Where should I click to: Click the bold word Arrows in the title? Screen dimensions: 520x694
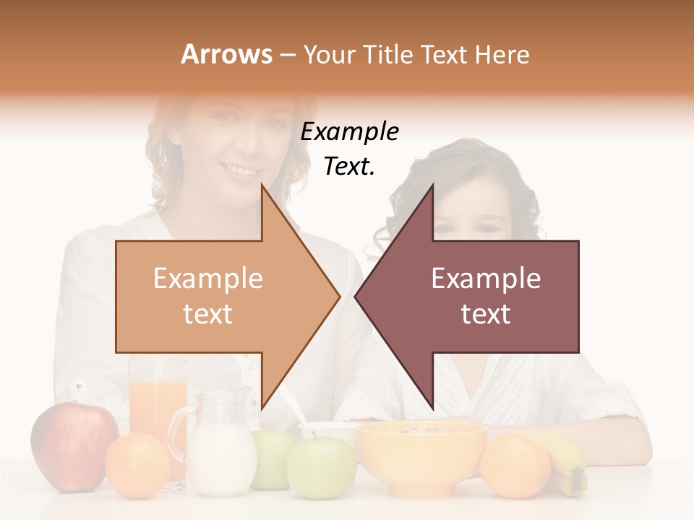pos(226,54)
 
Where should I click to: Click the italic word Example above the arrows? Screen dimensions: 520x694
pos(349,132)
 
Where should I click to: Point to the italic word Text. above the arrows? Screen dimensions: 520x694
pos(349,166)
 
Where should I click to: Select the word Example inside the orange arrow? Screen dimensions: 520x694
pos(207,278)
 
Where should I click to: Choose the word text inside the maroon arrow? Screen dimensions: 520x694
pos(486,313)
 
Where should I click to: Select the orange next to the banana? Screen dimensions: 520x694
pos(514,466)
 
